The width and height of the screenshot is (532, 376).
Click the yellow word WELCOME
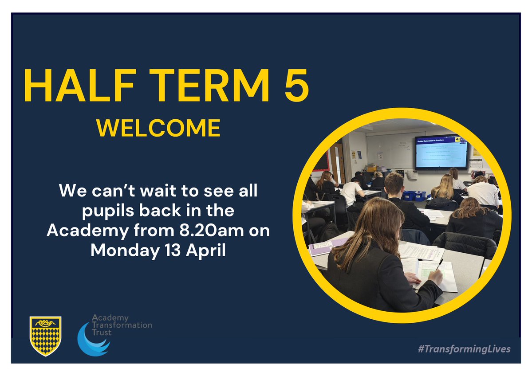(159, 128)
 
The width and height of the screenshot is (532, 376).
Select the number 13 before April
(170, 250)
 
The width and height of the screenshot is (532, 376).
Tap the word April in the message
(205, 250)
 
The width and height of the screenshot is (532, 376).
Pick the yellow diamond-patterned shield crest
(45, 336)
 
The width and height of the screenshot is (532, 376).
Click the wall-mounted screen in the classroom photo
(441, 152)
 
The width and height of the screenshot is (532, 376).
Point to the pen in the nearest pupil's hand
(439, 266)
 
